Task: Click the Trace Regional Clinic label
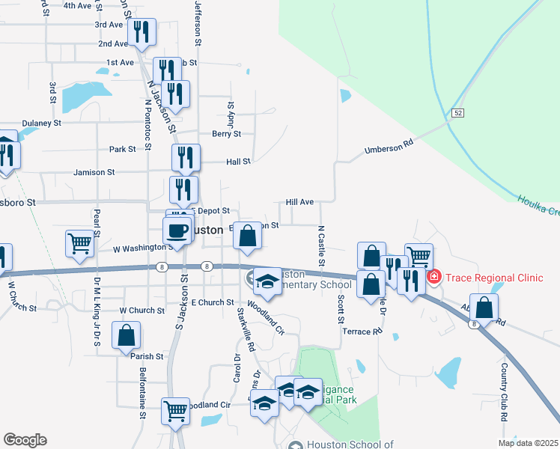pos(494,278)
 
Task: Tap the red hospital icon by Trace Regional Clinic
pos(433,278)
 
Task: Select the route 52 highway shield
pos(457,113)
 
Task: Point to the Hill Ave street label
pos(299,202)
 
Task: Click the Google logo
pos(25,440)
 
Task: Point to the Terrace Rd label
pos(356,331)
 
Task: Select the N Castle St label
pos(321,246)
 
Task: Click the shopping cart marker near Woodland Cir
pos(175,410)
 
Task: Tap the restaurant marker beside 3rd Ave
pos(140,32)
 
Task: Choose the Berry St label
pos(226,135)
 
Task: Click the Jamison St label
pos(94,172)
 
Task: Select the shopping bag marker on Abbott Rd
pos(485,308)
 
